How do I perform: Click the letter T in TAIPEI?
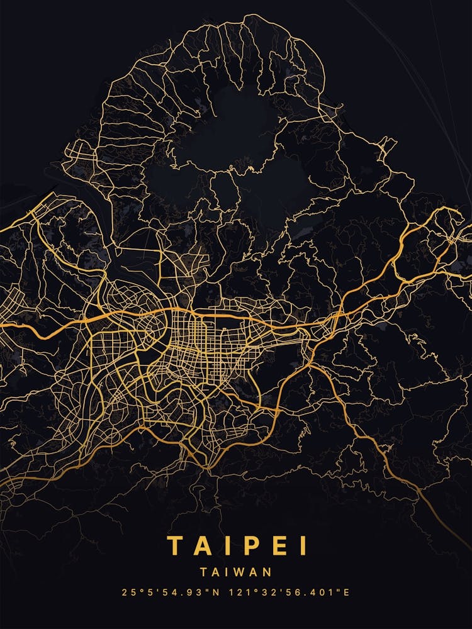176,546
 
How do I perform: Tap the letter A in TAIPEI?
205,546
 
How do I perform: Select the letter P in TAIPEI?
254,546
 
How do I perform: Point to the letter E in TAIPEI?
280,546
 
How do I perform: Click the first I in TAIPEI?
230,546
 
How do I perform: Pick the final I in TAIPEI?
304,546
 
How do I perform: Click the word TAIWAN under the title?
236,572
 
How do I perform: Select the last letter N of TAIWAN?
267,572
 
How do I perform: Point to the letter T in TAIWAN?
205,572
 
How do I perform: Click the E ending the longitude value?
346,593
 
